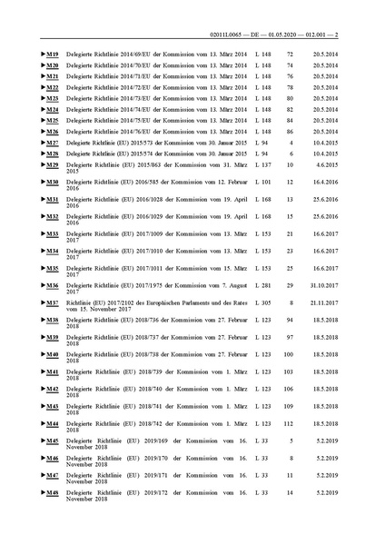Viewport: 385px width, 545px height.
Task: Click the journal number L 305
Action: click(264, 302)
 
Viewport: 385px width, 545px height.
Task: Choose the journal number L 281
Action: click(264, 285)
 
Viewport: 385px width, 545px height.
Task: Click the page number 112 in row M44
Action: click(290, 423)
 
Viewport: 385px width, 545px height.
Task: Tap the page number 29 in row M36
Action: click(290, 285)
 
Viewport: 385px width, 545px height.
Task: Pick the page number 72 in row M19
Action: click(290, 55)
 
